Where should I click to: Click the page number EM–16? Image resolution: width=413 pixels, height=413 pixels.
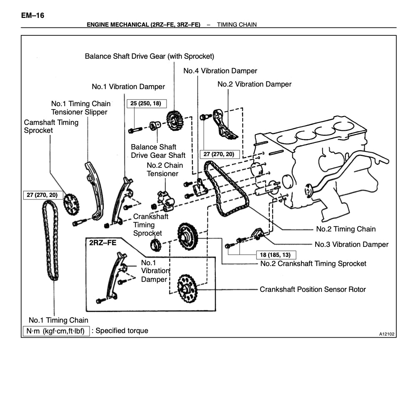[x=32, y=16]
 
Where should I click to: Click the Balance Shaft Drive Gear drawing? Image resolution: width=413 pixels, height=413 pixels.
[x=175, y=119]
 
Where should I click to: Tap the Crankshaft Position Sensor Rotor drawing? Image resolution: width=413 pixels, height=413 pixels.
[x=186, y=289]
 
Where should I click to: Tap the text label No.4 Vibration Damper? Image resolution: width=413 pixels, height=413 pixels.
[x=220, y=71]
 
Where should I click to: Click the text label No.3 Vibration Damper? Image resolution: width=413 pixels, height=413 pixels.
[x=351, y=244]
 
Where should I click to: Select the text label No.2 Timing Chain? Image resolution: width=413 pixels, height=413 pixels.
[x=346, y=229]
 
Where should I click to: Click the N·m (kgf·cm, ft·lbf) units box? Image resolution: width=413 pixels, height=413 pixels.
[x=55, y=331]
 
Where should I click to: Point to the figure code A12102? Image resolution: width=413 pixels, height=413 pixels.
[x=386, y=334]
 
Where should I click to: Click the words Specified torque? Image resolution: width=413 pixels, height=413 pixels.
[x=122, y=331]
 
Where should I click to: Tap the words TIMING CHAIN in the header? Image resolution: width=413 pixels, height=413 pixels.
[x=236, y=25]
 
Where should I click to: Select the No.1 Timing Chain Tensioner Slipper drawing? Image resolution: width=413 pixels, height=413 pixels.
[x=95, y=192]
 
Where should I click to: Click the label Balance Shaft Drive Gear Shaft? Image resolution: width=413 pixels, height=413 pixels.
[x=158, y=151]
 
